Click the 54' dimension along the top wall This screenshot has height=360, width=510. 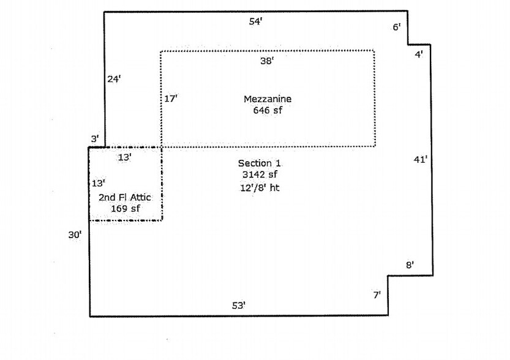click(x=256, y=21)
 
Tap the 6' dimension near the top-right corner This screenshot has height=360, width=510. click(x=397, y=27)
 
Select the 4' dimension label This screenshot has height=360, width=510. click(x=419, y=54)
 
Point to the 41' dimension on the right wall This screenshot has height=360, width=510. click(x=420, y=159)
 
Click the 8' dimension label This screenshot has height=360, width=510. click(x=410, y=265)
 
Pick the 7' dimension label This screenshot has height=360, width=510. click(x=377, y=295)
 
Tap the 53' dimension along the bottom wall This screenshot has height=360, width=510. click(x=239, y=306)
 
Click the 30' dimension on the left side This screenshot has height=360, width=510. click(x=75, y=234)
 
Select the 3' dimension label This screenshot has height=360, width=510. click(x=95, y=139)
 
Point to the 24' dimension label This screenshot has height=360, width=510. click(x=114, y=79)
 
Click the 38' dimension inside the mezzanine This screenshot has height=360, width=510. click(x=267, y=61)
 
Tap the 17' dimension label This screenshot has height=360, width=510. click(x=171, y=99)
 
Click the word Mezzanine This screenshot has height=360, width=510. click(x=268, y=99)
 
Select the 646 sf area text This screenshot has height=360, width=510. click(x=268, y=110)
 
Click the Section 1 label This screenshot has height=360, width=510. click(x=259, y=163)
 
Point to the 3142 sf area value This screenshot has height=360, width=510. click(x=260, y=174)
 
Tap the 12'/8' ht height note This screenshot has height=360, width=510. click(x=260, y=187)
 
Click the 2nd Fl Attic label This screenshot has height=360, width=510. click(x=125, y=197)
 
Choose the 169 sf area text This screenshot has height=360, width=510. click(x=126, y=208)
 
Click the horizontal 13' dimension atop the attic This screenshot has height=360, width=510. click(x=124, y=157)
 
